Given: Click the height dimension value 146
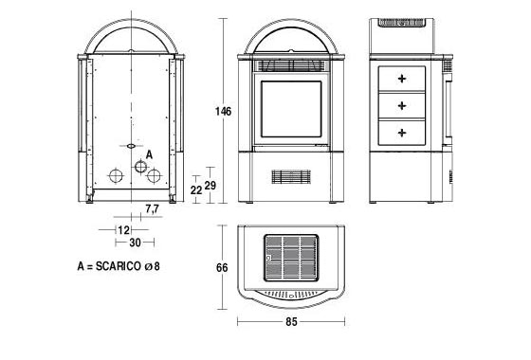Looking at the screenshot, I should [224, 112].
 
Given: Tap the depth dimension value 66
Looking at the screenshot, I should [222, 268].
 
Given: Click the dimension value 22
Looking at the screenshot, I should [196, 190].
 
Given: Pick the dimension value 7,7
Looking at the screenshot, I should [152, 207].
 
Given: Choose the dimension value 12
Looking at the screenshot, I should [123, 229].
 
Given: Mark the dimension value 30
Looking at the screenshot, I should [135, 243].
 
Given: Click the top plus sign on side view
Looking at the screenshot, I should [402, 78].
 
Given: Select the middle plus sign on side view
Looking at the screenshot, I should [402, 104].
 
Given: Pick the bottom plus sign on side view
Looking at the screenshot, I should [402, 131].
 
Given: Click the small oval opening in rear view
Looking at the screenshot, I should [127, 146].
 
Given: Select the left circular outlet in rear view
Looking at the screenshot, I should [114, 176].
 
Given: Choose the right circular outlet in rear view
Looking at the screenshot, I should [152, 176].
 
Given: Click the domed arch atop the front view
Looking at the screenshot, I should [292, 38].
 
